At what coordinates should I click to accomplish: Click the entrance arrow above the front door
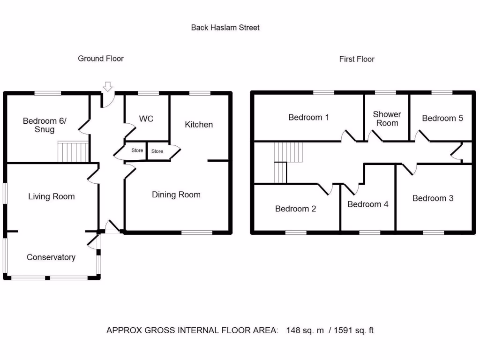(x=108, y=86)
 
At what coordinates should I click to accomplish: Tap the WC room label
(x=146, y=119)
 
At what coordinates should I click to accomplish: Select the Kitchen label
(x=199, y=124)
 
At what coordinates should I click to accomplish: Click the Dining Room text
(x=176, y=195)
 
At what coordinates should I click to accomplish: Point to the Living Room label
(x=51, y=196)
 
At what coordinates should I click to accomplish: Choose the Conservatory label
(x=51, y=257)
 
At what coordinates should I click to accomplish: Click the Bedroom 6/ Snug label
(x=45, y=125)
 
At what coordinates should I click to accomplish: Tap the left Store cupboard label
(x=137, y=150)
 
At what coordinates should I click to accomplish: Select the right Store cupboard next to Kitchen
(x=157, y=151)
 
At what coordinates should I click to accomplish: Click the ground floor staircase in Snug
(x=73, y=151)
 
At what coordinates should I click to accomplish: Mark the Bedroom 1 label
(x=308, y=117)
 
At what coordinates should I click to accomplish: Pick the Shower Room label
(x=387, y=119)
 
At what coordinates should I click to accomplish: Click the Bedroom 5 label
(x=442, y=118)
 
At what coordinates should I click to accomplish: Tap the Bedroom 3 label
(x=433, y=198)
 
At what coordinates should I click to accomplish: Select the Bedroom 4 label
(x=368, y=204)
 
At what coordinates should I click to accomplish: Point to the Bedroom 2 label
(x=295, y=209)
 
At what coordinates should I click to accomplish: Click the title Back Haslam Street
(x=225, y=28)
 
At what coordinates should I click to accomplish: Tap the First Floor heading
(x=357, y=59)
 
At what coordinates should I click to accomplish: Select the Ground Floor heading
(x=101, y=59)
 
